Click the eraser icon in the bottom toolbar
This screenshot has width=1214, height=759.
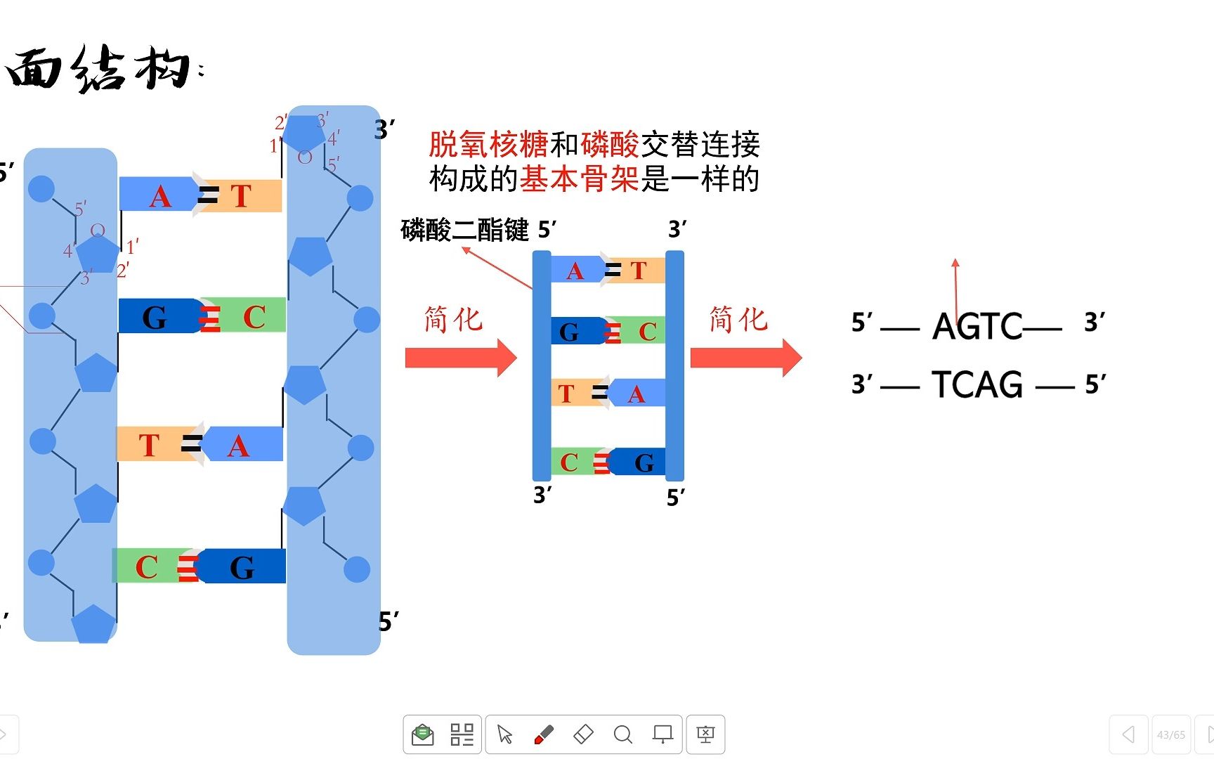pos(583,734)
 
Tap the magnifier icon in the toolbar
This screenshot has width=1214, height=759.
pos(622,734)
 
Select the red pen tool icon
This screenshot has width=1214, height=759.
pos(544,734)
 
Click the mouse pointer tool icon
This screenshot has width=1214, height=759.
pos(504,734)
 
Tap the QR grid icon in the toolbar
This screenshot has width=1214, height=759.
pos(462,734)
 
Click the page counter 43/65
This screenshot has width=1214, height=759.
pos(1170,735)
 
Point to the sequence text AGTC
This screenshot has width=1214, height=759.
pos(977,326)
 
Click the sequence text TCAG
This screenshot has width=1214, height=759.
pos(977,384)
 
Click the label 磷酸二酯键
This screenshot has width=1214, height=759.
pos(464,230)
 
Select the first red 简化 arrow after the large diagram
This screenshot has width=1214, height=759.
pos(461,358)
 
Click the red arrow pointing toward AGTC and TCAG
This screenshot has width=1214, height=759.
pos(745,358)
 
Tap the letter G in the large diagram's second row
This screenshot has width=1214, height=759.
pos(155,318)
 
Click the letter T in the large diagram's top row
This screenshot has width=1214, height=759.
pos(241,196)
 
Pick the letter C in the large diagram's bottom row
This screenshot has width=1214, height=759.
pos(146,567)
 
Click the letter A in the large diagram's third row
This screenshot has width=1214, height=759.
pos(238,446)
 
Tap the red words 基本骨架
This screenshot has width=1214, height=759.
pos(580,179)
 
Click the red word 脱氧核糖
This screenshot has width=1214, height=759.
pos(488,145)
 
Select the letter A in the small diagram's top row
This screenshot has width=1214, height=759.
pos(575,271)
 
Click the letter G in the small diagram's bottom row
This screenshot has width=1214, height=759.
pos(644,462)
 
